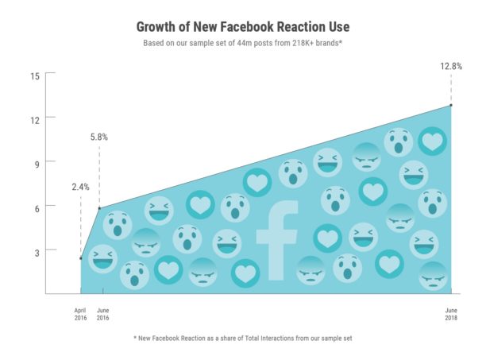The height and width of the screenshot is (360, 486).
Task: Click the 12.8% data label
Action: tap(450, 67)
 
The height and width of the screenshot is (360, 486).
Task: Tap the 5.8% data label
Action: tap(99, 137)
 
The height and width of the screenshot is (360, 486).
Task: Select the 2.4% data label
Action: tap(80, 187)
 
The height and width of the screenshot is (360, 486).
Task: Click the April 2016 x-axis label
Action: tap(80, 313)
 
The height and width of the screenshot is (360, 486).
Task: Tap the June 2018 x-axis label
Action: tap(450, 313)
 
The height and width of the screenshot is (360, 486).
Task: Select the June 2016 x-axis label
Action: tap(103, 313)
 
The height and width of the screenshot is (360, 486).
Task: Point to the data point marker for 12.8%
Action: tap(450, 105)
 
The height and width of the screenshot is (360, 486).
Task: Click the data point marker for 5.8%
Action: tap(99, 208)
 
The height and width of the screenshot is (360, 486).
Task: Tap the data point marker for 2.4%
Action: tap(80, 258)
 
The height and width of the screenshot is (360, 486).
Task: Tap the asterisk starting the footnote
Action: tap(136, 339)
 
